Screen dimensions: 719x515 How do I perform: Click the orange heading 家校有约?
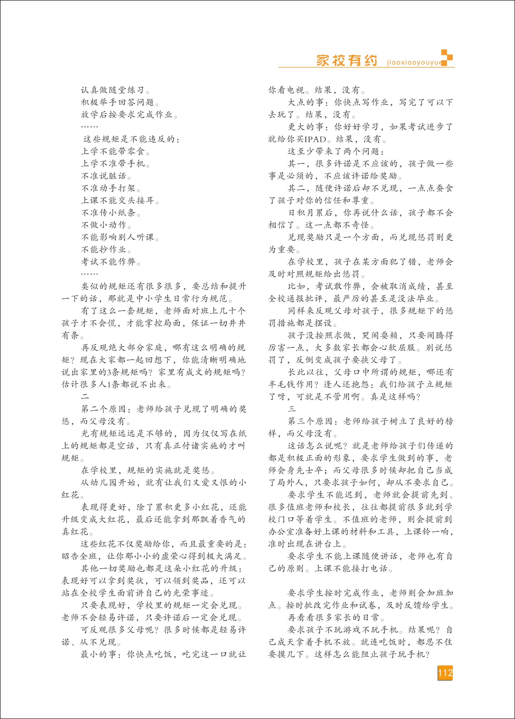coord(346,60)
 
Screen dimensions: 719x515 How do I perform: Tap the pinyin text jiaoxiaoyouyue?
coord(414,62)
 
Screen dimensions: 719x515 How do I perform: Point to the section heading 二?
coord(85,397)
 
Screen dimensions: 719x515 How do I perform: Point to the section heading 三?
coord(292,409)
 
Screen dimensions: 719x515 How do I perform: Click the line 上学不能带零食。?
coord(115,151)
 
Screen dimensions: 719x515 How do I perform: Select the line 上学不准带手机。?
coord(115,164)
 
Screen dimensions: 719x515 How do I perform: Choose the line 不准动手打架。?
coord(111,188)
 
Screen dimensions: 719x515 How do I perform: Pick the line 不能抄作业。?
coord(106,250)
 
